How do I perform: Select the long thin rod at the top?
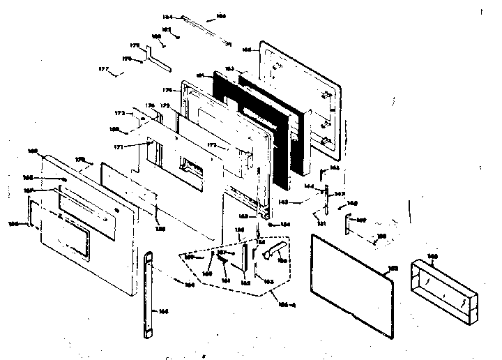(206, 29)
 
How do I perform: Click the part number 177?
(102, 70)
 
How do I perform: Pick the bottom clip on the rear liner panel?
(326, 140)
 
